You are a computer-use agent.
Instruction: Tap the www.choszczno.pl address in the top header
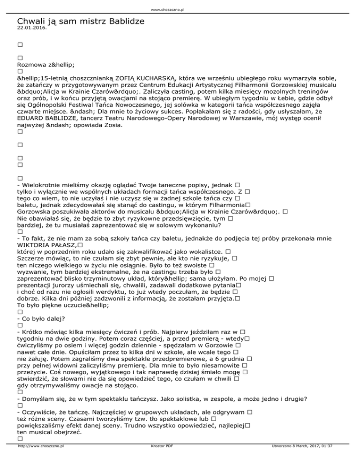(180, 9)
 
